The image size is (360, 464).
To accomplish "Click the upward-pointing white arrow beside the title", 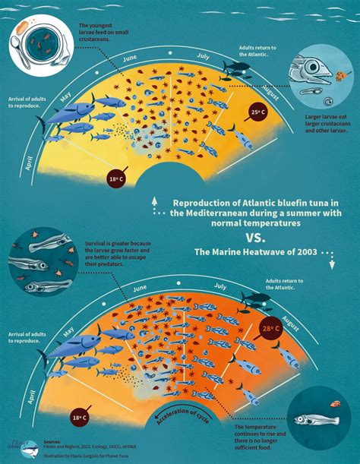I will coord(155,202).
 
